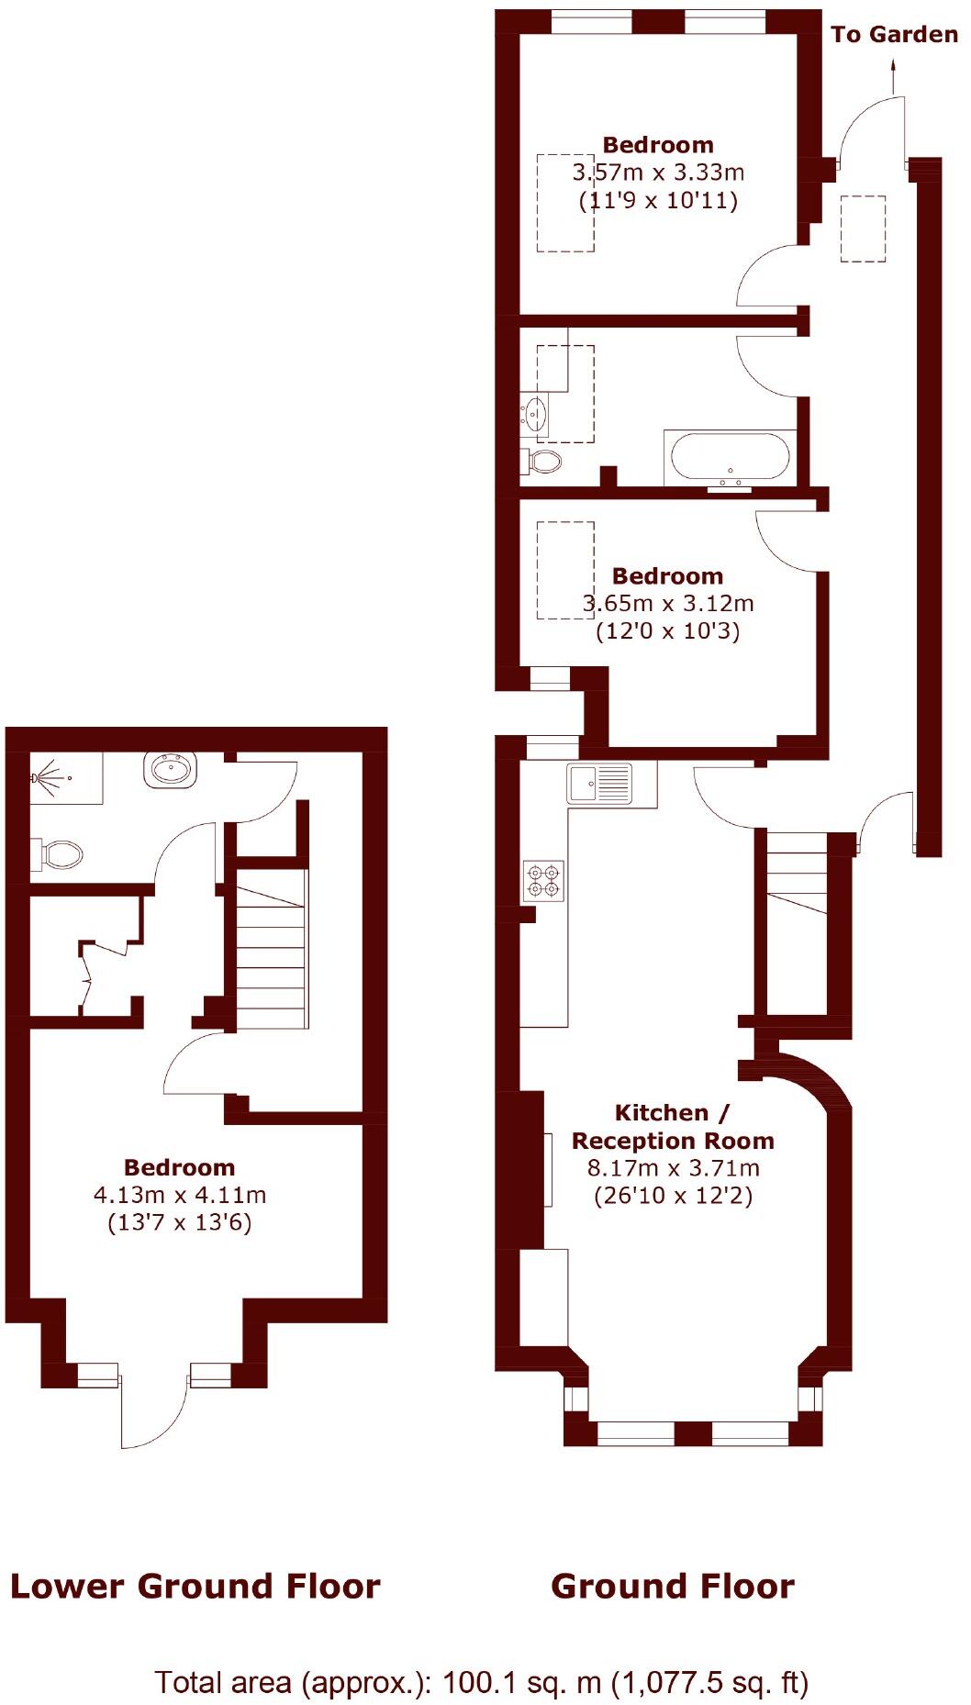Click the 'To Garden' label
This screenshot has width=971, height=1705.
coord(894,35)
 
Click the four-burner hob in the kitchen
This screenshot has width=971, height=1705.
coord(542,881)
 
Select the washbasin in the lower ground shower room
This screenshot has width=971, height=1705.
coord(171,768)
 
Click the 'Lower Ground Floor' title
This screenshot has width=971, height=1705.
coord(195,1586)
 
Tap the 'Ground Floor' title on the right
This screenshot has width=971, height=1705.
coord(673,1586)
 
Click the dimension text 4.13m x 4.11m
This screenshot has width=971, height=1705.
coord(180,1195)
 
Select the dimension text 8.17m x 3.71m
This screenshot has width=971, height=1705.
coord(673,1168)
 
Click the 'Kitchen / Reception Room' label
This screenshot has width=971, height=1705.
coord(673,1127)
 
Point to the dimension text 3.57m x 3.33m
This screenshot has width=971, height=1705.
coord(658,173)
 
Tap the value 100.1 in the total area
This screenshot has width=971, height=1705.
coord(474,1683)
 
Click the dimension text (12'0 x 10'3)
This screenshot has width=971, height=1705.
coord(667,631)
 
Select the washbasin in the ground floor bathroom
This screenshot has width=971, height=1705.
coord(535,414)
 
